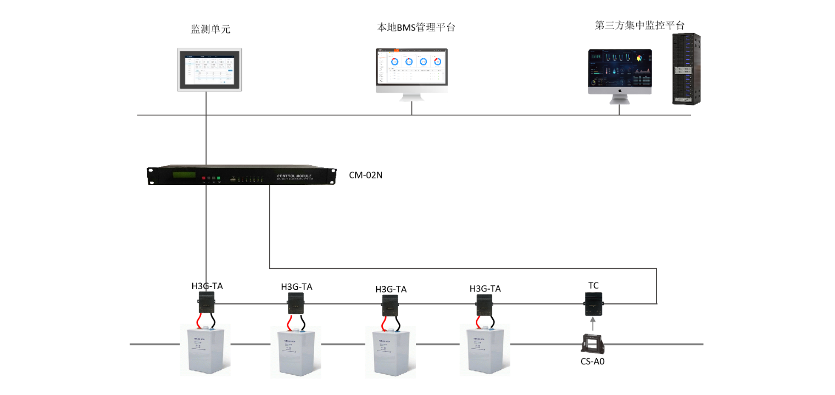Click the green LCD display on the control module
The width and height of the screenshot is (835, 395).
pos(184,175)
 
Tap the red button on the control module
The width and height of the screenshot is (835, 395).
pos(204,178)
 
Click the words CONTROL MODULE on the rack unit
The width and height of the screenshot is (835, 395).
pos(294,176)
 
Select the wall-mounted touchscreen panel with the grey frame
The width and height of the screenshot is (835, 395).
pos(209,69)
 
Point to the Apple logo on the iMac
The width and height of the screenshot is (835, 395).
pos(620,89)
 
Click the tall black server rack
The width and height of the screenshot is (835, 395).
pos(686,69)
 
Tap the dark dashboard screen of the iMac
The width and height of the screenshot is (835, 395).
pos(620,68)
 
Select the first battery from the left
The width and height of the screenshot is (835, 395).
pos(205,351)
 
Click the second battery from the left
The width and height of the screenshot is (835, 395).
pos(296,353)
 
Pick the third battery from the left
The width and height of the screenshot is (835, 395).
pos(391,353)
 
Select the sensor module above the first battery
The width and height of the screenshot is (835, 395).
pos(206,302)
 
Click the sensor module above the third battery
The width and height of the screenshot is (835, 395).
pos(390,305)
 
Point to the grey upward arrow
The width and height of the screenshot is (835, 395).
pos(592,323)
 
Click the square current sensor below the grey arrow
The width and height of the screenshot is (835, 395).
pos(592,343)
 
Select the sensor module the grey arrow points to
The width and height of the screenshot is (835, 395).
pos(593,303)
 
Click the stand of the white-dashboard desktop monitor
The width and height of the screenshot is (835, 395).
pos(411,97)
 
